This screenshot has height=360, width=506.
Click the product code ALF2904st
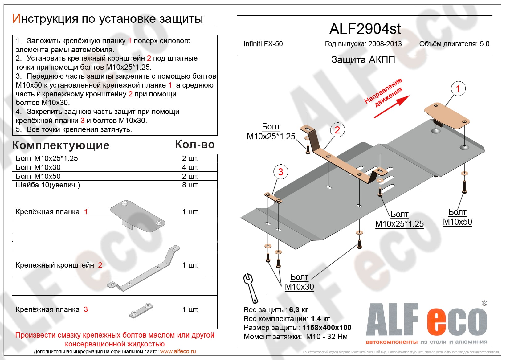365,29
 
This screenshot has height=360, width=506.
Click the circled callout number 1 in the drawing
458,89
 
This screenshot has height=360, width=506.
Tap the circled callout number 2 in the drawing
337,130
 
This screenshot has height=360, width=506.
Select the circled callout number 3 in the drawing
280,172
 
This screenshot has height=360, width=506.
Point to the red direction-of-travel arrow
392,107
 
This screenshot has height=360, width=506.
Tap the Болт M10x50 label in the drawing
457,217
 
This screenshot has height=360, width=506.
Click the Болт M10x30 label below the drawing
299,282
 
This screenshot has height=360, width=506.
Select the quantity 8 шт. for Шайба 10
190,185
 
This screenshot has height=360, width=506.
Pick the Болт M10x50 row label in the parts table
38,176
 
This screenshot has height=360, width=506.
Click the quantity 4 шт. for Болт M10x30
190,167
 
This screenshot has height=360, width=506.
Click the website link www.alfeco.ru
178,351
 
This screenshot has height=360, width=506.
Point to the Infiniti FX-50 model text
263,44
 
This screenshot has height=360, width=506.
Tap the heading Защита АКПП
363,59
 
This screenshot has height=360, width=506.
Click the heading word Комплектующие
61,145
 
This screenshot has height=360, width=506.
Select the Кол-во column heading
195,144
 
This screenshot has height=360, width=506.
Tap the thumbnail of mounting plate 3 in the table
141,310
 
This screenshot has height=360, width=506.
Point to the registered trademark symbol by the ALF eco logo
484,303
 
